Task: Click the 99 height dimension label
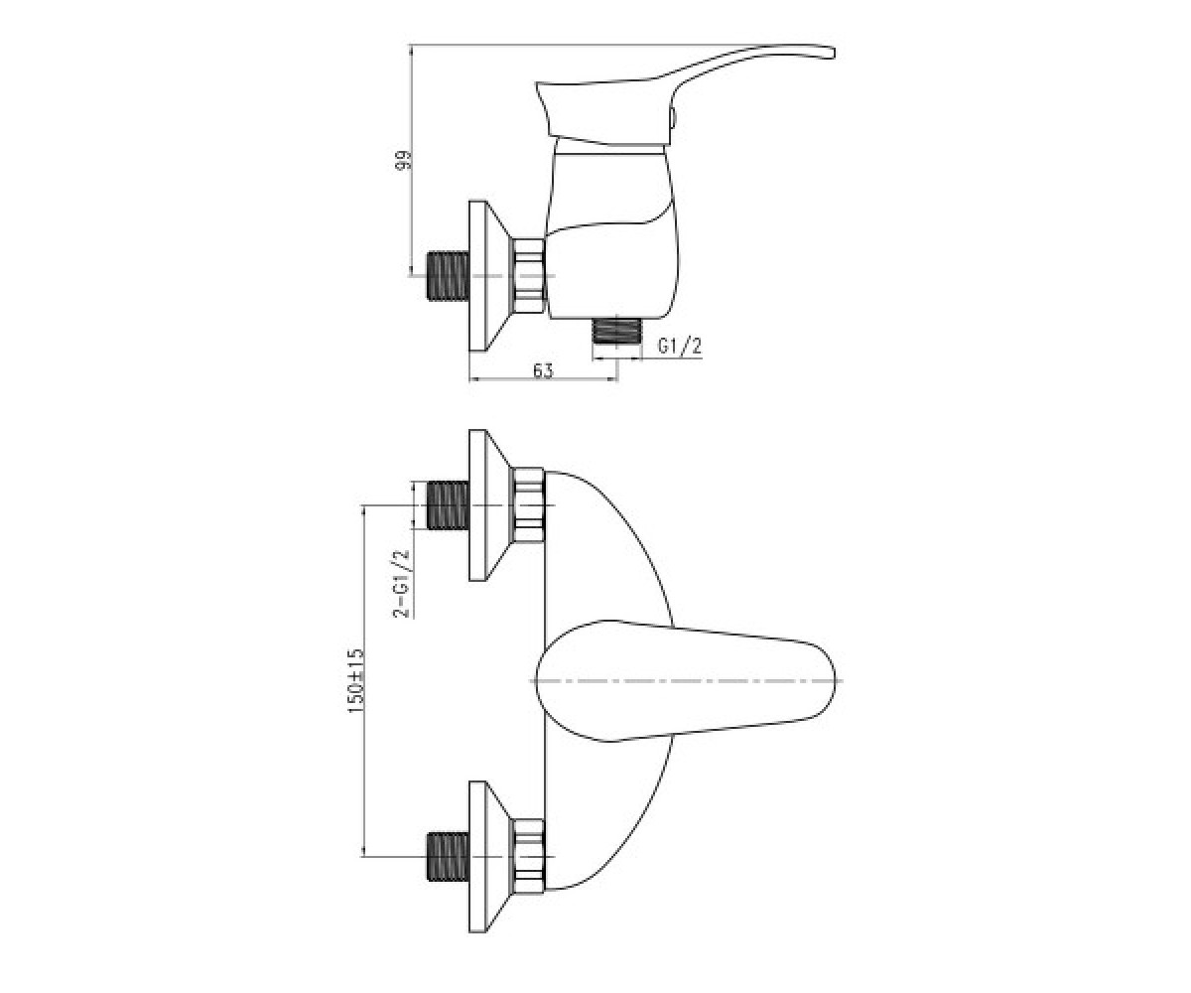403,160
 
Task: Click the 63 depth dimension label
543,371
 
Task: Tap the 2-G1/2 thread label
402,583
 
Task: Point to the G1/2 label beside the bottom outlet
679,347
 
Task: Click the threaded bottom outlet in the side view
616,332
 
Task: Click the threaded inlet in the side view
448,276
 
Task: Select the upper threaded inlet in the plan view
448,505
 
